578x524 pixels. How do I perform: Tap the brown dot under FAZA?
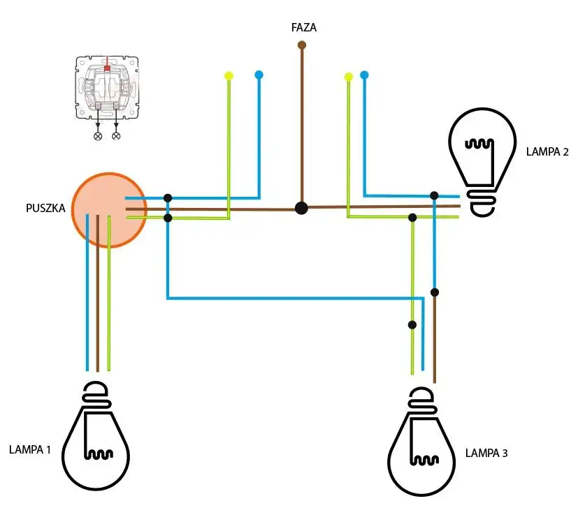coord(302,45)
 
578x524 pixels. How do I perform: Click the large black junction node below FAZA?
coord(301,208)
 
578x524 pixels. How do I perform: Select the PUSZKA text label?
coord(45,208)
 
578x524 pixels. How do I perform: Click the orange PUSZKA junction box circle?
coord(108,209)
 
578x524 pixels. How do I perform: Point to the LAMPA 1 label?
coord(30,449)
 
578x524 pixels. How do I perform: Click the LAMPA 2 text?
coord(547,151)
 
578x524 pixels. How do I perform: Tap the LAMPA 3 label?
coord(486,453)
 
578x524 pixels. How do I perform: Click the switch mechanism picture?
coord(107,87)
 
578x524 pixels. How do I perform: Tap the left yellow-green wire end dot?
coord(229,75)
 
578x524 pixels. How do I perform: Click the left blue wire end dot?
coord(259,74)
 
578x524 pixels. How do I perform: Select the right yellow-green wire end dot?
coord(348,77)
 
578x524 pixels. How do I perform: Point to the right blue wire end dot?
coord(364,74)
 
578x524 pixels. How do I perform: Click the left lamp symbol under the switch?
coord(98,135)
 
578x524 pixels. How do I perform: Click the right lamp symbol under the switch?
coord(116,135)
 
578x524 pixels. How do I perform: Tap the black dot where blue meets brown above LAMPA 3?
coord(434,292)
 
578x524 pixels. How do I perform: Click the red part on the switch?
coord(107,68)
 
